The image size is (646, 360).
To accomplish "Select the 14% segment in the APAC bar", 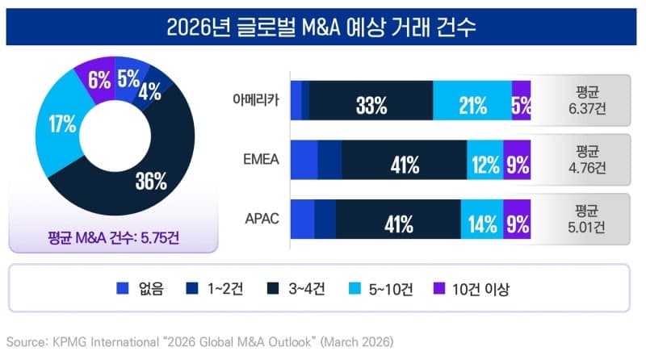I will coord(481,220).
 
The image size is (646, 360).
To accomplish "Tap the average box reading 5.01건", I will coord(586,220).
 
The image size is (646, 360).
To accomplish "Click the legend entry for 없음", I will coord(141,288).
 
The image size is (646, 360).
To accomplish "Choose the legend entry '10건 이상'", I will coord(473,288).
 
